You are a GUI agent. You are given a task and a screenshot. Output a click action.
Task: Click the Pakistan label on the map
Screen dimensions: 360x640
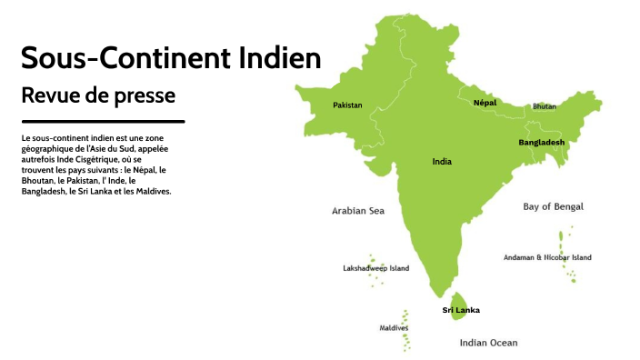[x=347, y=105]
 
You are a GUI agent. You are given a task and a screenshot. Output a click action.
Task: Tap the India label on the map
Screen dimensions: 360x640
[x=442, y=162]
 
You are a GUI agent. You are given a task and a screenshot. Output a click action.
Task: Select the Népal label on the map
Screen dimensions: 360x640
[x=485, y=103]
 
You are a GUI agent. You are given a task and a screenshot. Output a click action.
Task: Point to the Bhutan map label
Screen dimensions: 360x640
[x=544, y=106]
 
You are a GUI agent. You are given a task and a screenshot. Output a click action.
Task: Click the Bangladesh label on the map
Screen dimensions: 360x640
[x=541, y=143]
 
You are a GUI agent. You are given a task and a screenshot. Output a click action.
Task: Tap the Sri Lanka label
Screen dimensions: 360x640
[x=461, y=310]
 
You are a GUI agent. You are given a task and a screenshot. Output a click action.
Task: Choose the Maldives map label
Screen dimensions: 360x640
[x=394, y=327]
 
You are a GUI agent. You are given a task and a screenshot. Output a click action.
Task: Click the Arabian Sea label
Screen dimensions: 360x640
[x=358, y=211]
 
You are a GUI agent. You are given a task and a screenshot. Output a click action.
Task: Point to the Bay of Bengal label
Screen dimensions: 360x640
[x=553, y=206]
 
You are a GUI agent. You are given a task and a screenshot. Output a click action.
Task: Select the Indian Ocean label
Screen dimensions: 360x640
[x=488, y=343]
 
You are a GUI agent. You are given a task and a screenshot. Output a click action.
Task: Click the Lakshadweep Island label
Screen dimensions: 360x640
[x=375, y=268]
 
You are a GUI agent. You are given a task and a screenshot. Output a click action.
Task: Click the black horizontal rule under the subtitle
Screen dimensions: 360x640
[x=103, y=121]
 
